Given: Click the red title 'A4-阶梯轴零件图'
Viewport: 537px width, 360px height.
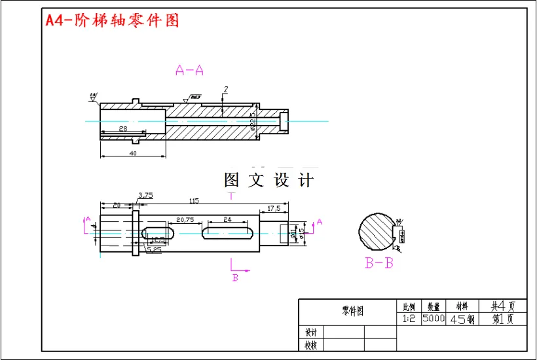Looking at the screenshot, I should (x=112, y=20).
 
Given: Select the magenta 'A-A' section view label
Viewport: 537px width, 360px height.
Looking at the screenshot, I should (x=190, y=71).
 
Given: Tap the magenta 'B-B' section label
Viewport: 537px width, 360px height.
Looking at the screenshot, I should (x=379, y=264).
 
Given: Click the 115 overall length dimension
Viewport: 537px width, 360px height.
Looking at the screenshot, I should (x=194, y=201).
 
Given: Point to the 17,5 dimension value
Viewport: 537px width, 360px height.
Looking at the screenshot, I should (x=274, y=208).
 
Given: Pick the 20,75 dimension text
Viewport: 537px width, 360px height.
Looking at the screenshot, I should (x=185, y=220).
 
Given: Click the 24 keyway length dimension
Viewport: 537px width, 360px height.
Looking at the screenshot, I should (x=227, y=219).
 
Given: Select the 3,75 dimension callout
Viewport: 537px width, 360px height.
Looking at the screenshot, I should (x=145, y=195).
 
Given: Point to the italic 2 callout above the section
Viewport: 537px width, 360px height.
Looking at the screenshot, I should (x=225, y=89).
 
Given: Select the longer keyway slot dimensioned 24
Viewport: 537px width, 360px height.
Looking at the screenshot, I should (x=228, y=232).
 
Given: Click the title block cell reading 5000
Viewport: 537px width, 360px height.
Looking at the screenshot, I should (x=434, y=319).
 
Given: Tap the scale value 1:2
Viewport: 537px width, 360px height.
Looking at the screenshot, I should (x=409, y=319).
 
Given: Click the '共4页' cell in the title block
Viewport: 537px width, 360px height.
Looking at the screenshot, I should (x=502, y=306).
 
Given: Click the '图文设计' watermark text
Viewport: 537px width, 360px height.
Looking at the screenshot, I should (x=268, y=180).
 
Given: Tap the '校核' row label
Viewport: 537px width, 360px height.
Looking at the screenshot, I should (x=311, y=345).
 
